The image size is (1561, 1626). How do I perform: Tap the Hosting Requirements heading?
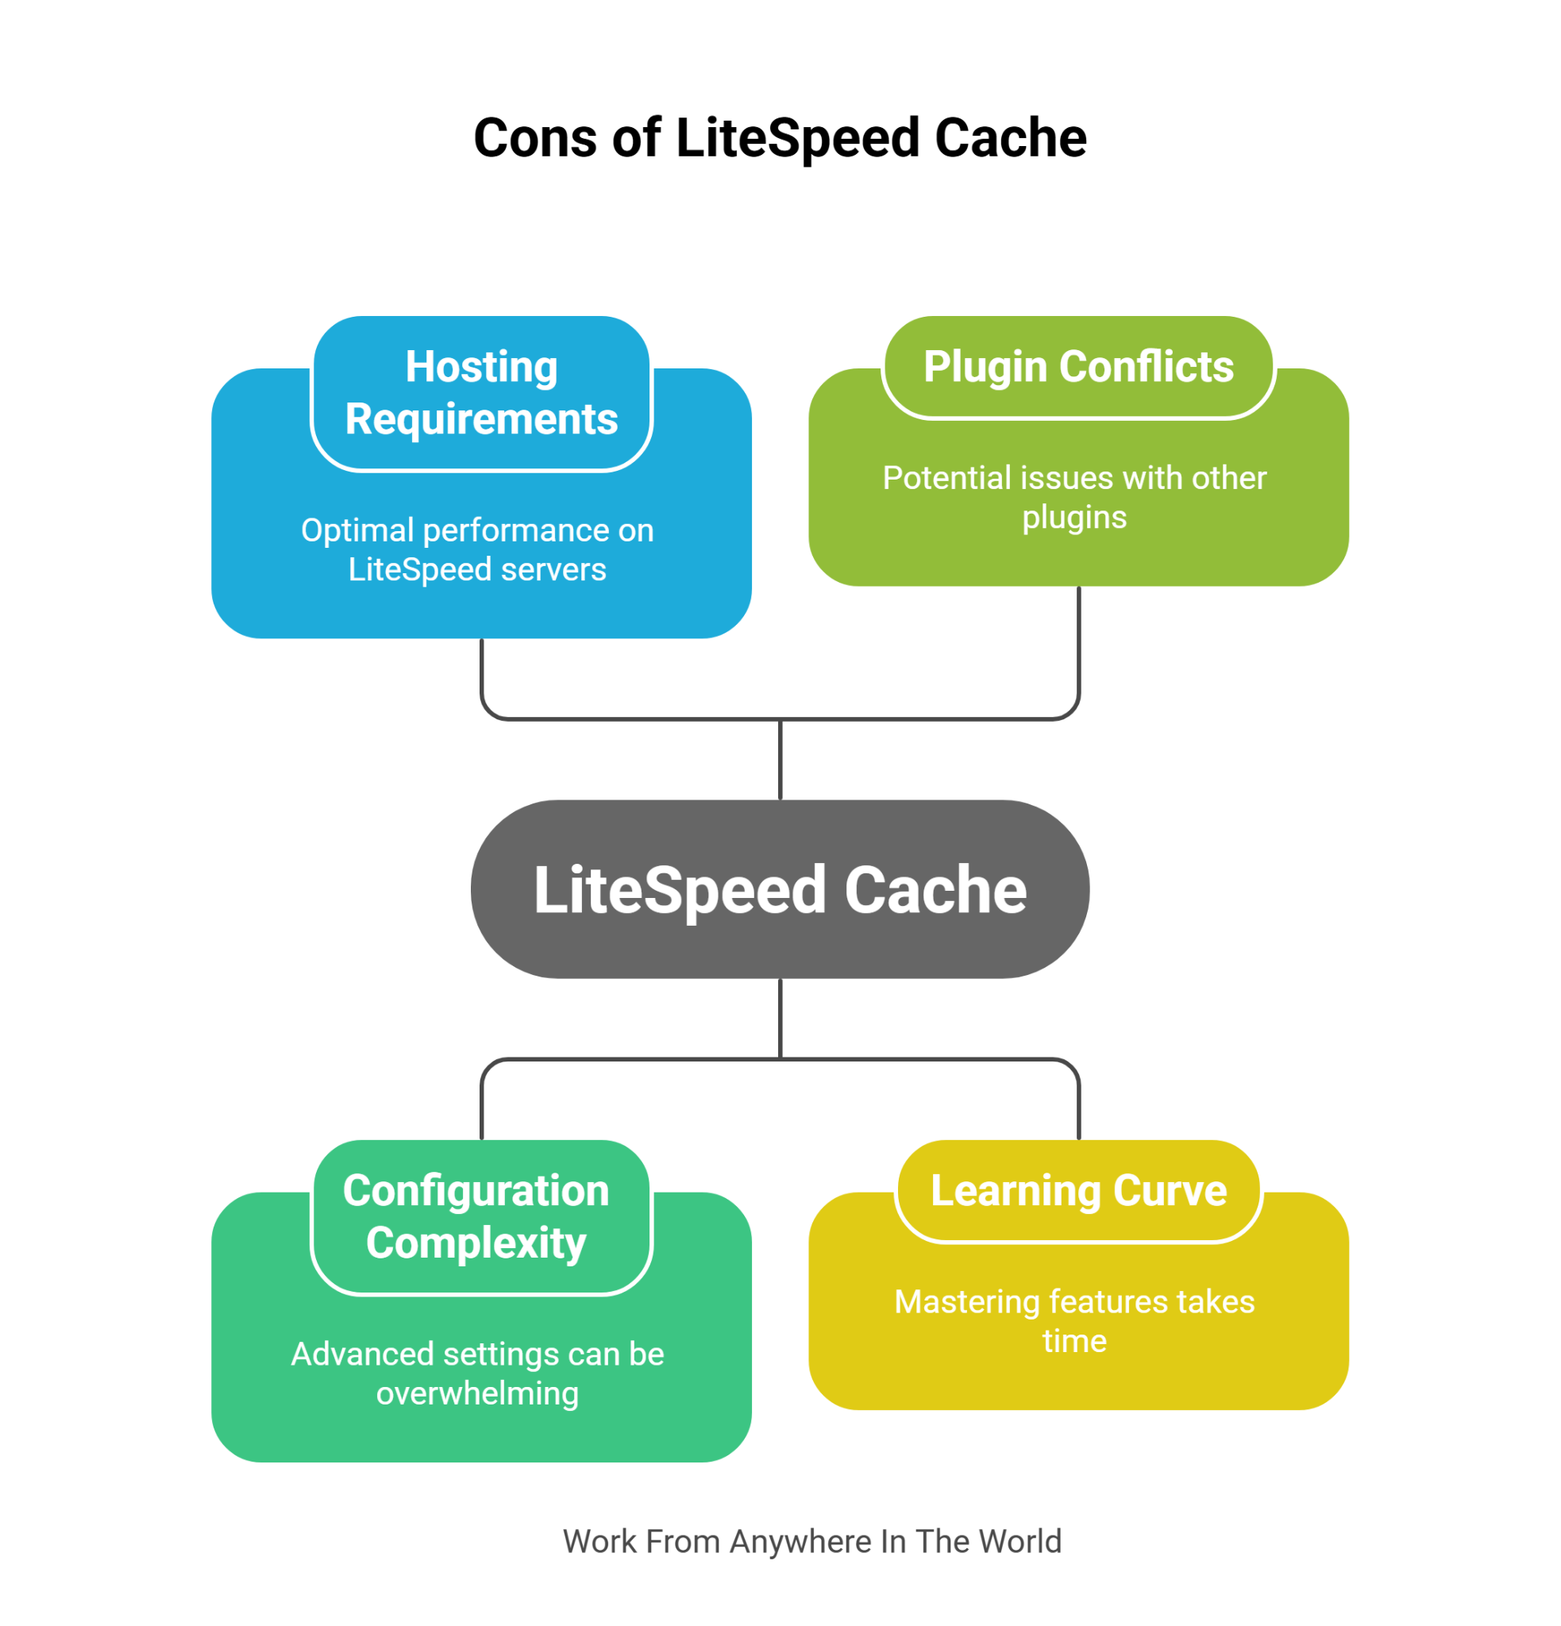(481, 392)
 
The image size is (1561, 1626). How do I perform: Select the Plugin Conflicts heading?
(1077, 367)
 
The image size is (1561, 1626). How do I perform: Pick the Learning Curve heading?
(1077, 1190)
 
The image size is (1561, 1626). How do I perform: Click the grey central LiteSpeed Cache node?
(780, 889)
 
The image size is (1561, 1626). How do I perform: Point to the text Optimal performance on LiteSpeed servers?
(477, 549)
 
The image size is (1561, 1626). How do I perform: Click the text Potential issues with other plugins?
(1074, 497)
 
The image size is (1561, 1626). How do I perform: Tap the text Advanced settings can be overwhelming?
(477, 1373)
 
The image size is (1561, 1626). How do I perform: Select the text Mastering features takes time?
(1074, 1320)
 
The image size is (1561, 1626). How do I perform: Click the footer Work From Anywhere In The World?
(812, 1541)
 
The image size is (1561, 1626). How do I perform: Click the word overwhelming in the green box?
(477, 1393)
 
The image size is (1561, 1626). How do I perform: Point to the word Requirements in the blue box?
(481, 419)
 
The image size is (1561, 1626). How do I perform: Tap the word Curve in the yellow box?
(1170, 1190)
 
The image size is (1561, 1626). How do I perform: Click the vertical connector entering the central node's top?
(780, 759)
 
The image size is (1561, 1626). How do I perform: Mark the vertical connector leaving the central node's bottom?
(780, 1018)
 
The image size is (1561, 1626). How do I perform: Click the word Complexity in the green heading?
(476, 1243)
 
